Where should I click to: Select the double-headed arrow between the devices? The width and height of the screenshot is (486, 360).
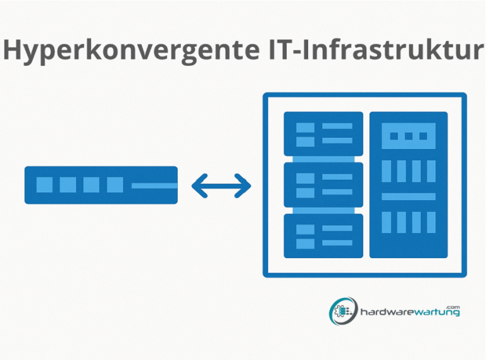pos(221,185)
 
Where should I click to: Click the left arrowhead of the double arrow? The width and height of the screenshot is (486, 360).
pos(197,185)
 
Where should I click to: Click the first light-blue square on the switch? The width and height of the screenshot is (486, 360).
pos(44,185)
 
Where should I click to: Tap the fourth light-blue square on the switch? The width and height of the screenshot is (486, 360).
pos(115,185)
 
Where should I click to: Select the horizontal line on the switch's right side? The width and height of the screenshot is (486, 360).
pos(154,185)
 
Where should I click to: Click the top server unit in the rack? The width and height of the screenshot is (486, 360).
pos(323,134)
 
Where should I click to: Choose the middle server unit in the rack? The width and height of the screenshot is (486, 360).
pos(323,185)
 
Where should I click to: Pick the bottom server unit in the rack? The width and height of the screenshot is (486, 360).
pos(323,235)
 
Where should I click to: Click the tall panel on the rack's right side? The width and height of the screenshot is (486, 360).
pos(408,185)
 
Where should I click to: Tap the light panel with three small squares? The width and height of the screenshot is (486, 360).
pos(408,136)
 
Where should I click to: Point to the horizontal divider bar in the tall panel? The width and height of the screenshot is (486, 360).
pos(408,197)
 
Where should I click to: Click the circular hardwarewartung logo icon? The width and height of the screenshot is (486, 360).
pos(342,311)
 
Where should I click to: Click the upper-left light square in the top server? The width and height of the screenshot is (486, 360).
pos(305,127)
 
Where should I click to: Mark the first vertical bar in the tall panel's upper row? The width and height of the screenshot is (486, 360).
pos(387,171)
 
